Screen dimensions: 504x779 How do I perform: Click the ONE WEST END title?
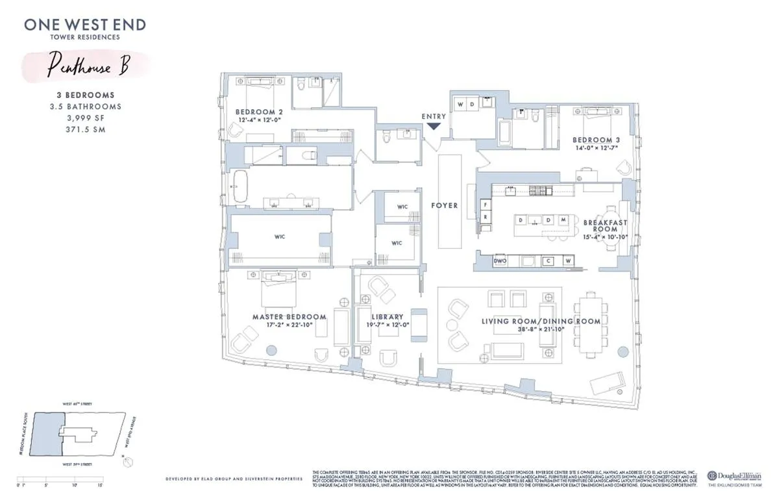(x=85, y=25)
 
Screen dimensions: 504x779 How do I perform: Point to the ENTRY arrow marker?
(x=434, y=126)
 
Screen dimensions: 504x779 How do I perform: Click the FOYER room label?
(x=445, y=205)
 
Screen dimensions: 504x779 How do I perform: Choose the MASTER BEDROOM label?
(x=289, y=317)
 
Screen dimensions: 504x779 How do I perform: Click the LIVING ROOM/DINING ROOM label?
(x=541, y=321)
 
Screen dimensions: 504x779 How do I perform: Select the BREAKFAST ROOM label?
(x=605, y=226)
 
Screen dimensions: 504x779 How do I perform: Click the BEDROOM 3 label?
(x=591, y=140)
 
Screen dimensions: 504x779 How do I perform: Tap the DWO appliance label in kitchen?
(x=500, y=261)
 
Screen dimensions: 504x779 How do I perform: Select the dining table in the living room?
(x=590, y=323)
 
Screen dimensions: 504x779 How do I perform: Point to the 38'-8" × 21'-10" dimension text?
(x=541, y=330)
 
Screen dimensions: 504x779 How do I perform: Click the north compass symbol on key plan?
(x=129, y=462)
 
